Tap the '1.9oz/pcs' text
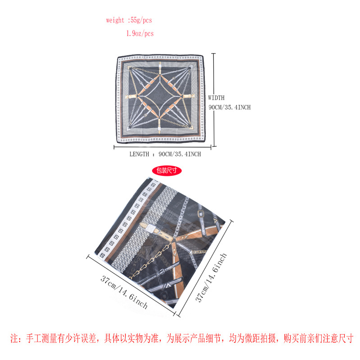pyautogui.click(x=140, y=34)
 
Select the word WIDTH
pyautogui.click(x=216, y=98)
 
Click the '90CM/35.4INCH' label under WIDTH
pyautogui.click(x=229, y=107)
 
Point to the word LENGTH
pyautogui.click(x=139, y=154)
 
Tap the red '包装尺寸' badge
pyautogui.click(x=167, y=171)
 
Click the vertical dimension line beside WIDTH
pyautogui.click(x=214, y=99)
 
